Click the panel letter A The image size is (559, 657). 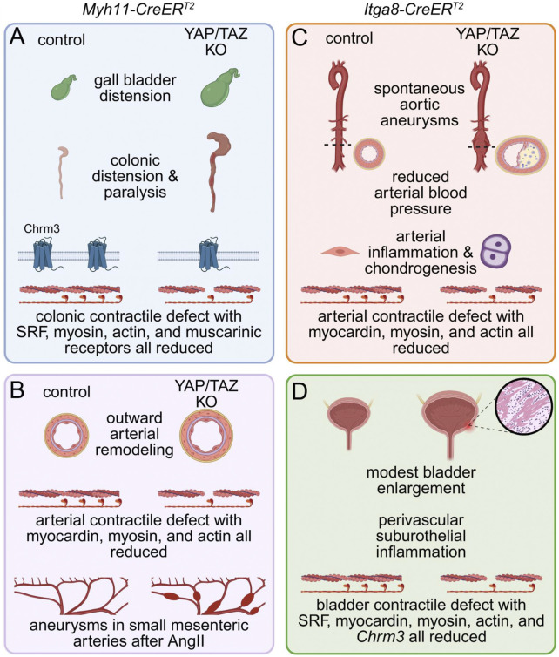pyautogui.click(x=17, y=37)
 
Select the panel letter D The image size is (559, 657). pyautogui.click(x=300, y=391)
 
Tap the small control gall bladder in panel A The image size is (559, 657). pyautogui.click(x=64, y=87)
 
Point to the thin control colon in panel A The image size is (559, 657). pyautogui.click(x=63, y=172)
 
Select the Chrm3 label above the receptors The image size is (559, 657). pyautogui.click(x=42, y=228)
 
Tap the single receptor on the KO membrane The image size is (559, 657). pyautogui.click(x=208, y=254)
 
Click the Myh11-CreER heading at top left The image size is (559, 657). pyautogui.click(x=133, y=10)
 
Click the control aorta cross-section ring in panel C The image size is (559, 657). pyautogui.click(x=369, y=153)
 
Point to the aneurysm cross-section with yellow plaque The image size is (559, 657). pyautogui.click(x=522, y=155)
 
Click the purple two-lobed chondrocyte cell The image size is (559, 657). pyautogui.click(x=495, y=251)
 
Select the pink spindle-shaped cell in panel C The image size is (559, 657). pyautogui.click(x=340, y=252)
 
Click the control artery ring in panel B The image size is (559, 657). pyautogui.click(x=66, y=436)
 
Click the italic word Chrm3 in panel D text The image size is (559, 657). pyautogui.click(x=381, y=636)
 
